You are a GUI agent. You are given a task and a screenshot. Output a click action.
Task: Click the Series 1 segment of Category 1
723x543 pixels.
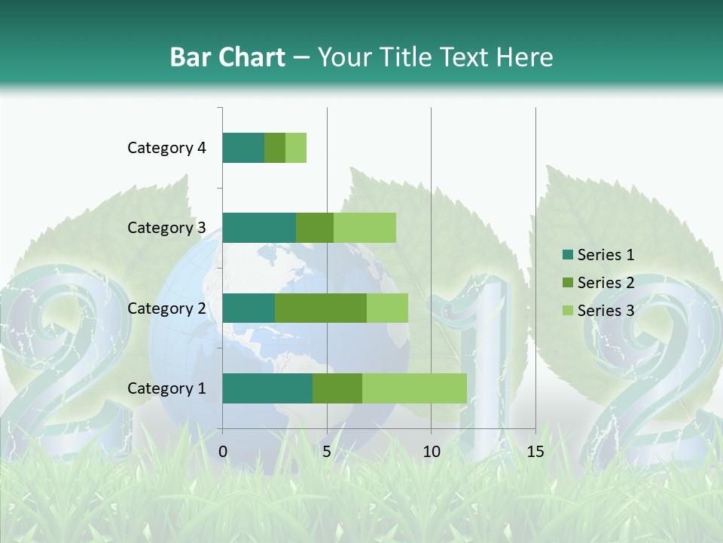pyautogui.click(x=267, y=388)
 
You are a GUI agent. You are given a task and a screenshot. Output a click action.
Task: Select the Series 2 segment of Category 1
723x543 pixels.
pyautogui.click(x=337, y=388)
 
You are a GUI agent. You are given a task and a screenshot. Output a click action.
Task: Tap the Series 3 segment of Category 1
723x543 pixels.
pyautogui.click(x=414, y=388)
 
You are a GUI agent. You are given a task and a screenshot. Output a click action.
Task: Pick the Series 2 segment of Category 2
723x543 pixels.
pyautogui.click(x=321, y=308)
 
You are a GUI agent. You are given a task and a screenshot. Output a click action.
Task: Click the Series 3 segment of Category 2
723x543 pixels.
pyautogui.click(x=387, y=308)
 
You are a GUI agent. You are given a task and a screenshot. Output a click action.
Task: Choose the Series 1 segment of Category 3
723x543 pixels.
pyautogui.click(x=259, y=228)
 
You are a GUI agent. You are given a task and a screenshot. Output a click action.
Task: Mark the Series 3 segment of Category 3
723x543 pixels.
pyautogui.click(x=365, y=228)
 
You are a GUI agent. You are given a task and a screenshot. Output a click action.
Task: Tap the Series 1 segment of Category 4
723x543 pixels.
pyautogui.click(x=243, y=148)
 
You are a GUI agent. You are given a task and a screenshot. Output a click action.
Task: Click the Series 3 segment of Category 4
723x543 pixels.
pyautogui.click(x=296, y=148)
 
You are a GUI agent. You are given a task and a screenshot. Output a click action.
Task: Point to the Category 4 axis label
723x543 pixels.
pyautogui.click(x=166, y=148)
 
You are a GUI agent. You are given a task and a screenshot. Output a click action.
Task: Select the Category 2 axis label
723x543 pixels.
pyautogui.click(x=166, y=308)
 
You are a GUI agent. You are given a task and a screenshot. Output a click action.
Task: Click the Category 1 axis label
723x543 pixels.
pyautogui.click(x=166, y=388)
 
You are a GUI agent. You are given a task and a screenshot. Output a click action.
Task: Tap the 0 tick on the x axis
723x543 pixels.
pyautogui.click(x=223, y=452)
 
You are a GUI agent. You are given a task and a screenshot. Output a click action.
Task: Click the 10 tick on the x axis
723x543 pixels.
pyautogui.click(x=431, y=452)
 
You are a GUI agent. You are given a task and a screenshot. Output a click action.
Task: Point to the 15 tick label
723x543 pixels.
pyautogui.click(x=535, y=452)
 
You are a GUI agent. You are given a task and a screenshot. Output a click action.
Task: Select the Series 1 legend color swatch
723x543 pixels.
pyautogui.click(x=566, y=255)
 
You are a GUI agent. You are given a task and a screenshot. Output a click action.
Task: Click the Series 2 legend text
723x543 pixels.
pyautogui.click(x=606, y=283)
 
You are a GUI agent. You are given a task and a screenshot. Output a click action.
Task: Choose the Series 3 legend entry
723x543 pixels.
pyautogui.click(x=598, y=311)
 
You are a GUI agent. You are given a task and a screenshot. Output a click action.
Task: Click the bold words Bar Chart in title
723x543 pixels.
pyautogui.click(x=227, y=57)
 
